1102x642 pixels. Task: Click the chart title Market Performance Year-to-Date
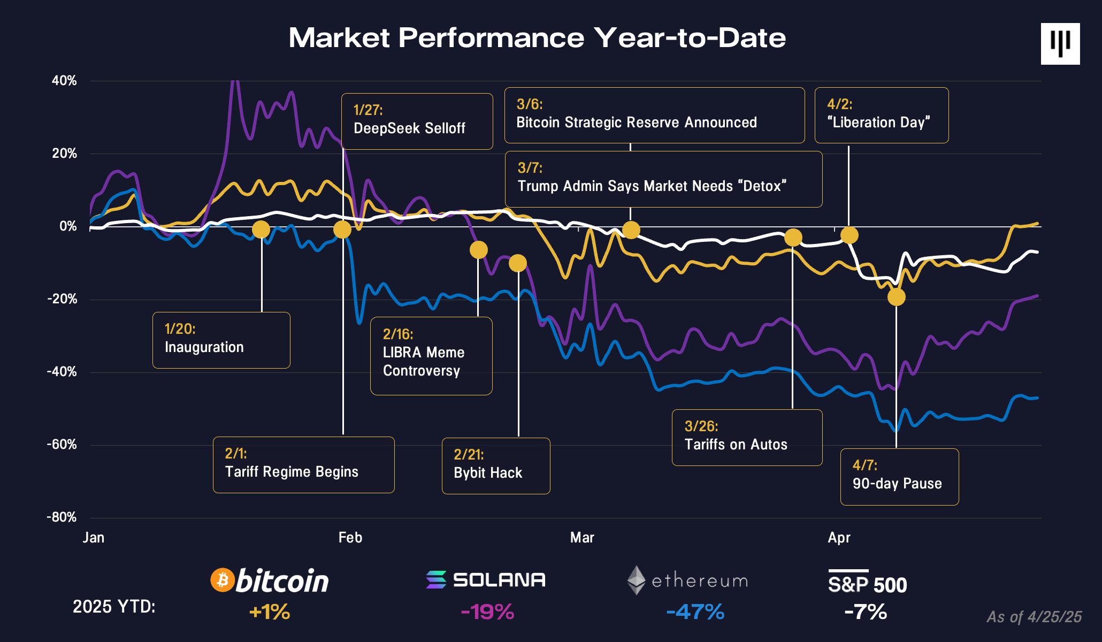click(x=537, y=38)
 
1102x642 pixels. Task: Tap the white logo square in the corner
click(x=1060, y=44)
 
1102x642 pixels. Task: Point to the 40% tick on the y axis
click(x=64, y=81)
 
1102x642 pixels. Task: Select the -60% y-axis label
click(x=62, y=445)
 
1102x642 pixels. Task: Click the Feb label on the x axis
click(x=350, y=538)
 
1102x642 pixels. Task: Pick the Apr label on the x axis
click(x=838, y=538)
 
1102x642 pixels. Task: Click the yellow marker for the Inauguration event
click(x=261, y=230)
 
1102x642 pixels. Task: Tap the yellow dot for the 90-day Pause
click(x=896, y=297)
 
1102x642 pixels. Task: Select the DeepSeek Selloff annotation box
click(x=417, y=121)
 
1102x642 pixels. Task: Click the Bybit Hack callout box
click(x=495, y=465)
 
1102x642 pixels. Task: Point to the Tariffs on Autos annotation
click(x=746, y=437)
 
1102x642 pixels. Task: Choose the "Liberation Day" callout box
click(x=881, y=115)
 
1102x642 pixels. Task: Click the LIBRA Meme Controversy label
click(x=431, y=356)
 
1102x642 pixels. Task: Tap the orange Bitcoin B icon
click(x=223, y=580)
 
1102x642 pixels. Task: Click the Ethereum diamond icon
click(x=636, y=580)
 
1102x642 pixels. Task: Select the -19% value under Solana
click(x=487, y=612)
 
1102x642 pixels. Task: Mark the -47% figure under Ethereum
click(x=695, y=612)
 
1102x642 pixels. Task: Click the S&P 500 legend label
click(x=867, y=583)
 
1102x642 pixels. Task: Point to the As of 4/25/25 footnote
click(x=1034, y=617)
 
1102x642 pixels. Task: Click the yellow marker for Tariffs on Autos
click(x=793, y=238)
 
